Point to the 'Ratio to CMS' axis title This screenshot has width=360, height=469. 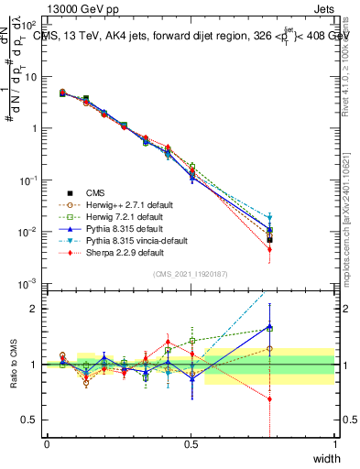click(x=12, y=364)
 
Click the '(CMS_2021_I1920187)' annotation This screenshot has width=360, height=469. click(x=191, y=274)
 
